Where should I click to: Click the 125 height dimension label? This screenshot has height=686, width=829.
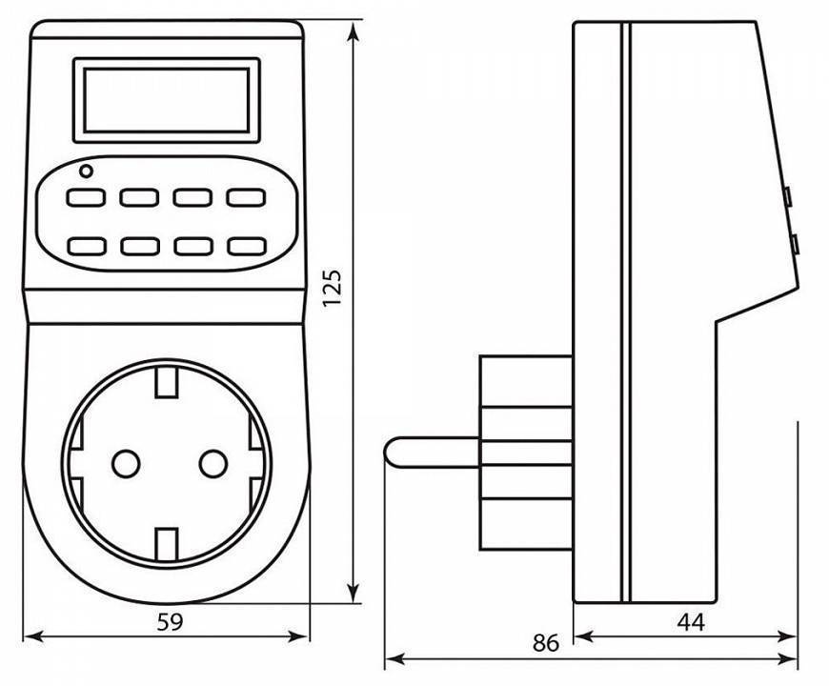(x=333, y=288)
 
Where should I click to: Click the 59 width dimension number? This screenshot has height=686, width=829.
(x=171, y=622)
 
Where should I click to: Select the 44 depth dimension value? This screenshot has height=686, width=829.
(x=691, y=622)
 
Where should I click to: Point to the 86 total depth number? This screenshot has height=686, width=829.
(x=546, y=643)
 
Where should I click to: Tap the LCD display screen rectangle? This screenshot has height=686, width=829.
(x=167, y=100)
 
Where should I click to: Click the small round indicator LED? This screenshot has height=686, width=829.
(x=86, y=171)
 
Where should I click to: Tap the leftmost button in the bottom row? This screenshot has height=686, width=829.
(x=86, y=246)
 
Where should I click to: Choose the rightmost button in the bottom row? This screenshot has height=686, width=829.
(x=247, y=246)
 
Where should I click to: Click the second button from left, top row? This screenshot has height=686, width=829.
(x=139, y=197)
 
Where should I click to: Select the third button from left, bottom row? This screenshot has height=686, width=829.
(x=193, y=246)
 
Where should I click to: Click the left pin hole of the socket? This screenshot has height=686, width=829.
(x=126, y=463)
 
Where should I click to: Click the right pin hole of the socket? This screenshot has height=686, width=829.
(x=213, y=463)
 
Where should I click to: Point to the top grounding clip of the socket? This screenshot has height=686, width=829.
(x=167, y=381)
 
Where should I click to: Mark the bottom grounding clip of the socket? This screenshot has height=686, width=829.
(x=167, y=543)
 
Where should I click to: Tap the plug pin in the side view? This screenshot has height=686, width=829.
(x=432, y=453)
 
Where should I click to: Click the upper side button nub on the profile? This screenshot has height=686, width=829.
(x=787, y=196)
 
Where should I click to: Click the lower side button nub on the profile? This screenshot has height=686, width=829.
(x=794, y=244)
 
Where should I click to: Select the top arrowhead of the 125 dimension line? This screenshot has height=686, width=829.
(x=354, y=32)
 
